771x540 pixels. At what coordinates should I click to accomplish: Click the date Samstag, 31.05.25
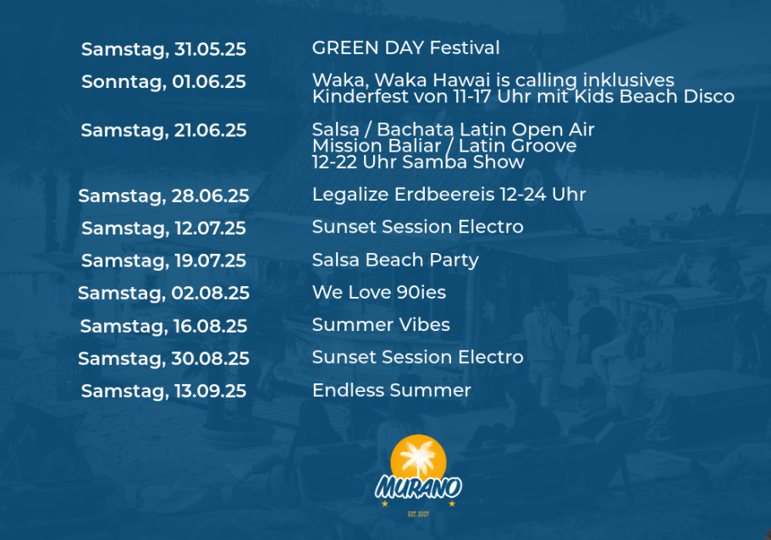[163, 49]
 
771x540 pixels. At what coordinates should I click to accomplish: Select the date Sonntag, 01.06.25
[163, 81]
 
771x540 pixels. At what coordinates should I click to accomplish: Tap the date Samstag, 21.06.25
[163, 130]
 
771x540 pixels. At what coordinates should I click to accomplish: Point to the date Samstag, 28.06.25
[163, 196]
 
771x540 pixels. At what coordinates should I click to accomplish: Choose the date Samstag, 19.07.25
[163, 261]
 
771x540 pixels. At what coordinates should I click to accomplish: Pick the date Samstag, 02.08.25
[163, 293]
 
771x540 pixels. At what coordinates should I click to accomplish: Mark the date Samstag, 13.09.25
[163, 391]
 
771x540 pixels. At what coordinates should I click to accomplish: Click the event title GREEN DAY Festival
[405, 47]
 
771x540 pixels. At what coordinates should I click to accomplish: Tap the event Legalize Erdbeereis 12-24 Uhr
[449, 195]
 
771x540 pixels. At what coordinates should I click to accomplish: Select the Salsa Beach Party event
[395, 260]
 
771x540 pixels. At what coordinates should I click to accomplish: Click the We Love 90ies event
[379, 292]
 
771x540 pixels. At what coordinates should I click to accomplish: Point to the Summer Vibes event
[381, 324]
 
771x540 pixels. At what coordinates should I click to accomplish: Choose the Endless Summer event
[391, 390]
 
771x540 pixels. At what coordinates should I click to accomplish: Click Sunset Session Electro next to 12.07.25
[418, 227]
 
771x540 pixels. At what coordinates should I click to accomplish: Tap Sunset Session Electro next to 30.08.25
[418, 357]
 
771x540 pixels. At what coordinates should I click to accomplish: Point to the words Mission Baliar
[377, 146]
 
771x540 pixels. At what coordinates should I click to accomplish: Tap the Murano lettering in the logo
[418, 488]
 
